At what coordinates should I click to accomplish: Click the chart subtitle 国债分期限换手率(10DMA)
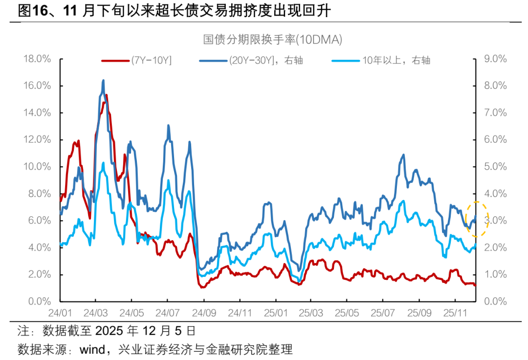pos(272,40)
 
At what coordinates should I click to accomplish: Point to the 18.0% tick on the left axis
pos(38,59)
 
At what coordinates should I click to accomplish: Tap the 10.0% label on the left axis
pos(38,167)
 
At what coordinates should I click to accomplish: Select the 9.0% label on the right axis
pos(494,59)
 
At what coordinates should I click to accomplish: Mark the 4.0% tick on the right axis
pos(494,194)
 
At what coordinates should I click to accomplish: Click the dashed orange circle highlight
pos(477,219)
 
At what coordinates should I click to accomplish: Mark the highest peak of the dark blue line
pos(103,81)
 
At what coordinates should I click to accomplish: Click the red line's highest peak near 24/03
pos(107,95)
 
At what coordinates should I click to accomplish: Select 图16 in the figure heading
pos(31,11)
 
